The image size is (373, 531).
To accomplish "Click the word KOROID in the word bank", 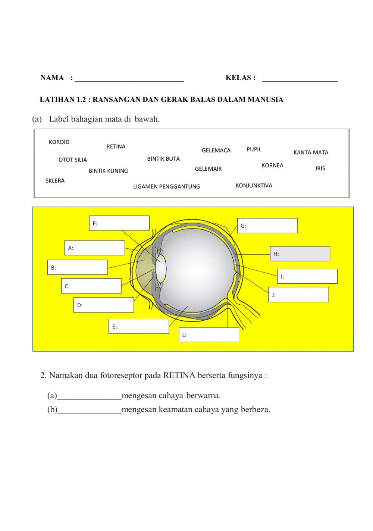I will [59, 142].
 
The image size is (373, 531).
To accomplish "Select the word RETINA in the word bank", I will [116, 147].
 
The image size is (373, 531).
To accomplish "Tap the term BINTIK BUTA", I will [163, 159].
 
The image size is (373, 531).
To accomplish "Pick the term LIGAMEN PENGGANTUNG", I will [166, 186].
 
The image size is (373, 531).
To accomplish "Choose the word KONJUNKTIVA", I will [254, 185].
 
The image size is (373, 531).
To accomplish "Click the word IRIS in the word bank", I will [320, 169].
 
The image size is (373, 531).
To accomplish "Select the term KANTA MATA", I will [311, 153].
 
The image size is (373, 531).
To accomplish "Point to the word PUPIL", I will [254, 150].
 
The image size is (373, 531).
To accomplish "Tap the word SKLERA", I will [55, 181].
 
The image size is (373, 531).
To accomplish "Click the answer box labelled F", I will [119, 223].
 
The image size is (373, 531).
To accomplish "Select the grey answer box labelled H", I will [300, 254].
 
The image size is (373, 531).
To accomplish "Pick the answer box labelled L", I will [209, 334].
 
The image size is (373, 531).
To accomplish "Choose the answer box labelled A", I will [95, 248].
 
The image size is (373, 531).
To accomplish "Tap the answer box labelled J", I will [298, 294].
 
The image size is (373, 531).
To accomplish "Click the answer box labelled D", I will [104, 305].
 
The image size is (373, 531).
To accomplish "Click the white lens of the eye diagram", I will [161, 268].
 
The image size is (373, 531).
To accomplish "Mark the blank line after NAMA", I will [129, 79].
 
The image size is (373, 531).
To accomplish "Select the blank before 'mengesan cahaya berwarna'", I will [90, 396].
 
